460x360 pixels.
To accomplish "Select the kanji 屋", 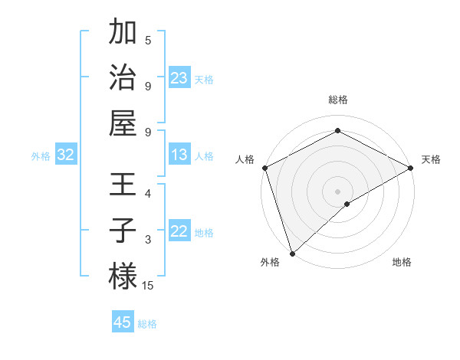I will point(123,122).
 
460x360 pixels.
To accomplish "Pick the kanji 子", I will point(123,230).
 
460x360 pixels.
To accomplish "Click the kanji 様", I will point(123,276).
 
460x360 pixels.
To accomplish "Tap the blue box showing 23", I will point(179,77).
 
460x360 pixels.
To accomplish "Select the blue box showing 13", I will point(179,155).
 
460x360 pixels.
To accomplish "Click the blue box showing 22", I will point(179,232).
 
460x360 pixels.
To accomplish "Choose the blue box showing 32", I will point(66,155).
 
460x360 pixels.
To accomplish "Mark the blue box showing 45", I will point(123,322).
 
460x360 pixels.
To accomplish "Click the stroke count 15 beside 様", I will point(147,286).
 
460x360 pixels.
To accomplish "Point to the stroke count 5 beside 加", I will point(148,40).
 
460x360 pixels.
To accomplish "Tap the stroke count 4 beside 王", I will point(148,193).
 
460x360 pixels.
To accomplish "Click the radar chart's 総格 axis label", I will point(337,100).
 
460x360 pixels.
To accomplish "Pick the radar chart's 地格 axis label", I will point(402,262).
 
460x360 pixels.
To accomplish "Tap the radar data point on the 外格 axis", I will point(291,254).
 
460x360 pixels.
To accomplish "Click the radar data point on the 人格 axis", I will point(264,168).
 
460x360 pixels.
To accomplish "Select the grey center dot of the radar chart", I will point(337,191).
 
